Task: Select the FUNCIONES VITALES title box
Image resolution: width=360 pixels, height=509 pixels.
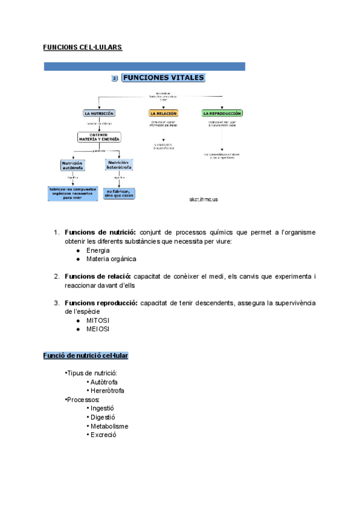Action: coord(163,78)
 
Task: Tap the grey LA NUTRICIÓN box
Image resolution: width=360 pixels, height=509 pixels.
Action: coord(99,113)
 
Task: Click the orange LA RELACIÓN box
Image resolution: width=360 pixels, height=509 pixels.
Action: coord(163,113)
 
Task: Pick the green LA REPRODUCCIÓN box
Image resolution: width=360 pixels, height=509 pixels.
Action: coord(222,113)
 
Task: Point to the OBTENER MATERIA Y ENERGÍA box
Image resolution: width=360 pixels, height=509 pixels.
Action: coord(99,137)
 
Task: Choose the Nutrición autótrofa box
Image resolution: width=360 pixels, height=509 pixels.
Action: coord(73,164)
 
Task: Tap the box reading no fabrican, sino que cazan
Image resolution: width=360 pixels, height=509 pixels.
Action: coord(119,193)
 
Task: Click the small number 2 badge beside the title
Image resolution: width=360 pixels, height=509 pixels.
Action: coord(115,79)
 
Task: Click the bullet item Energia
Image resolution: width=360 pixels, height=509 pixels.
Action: coord(98,250)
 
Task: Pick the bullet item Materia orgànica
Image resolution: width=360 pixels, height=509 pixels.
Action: coord(111,259)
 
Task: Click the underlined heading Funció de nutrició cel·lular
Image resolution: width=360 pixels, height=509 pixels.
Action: coord(85,356)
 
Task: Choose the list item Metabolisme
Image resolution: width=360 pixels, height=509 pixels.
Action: coord(109,426)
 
